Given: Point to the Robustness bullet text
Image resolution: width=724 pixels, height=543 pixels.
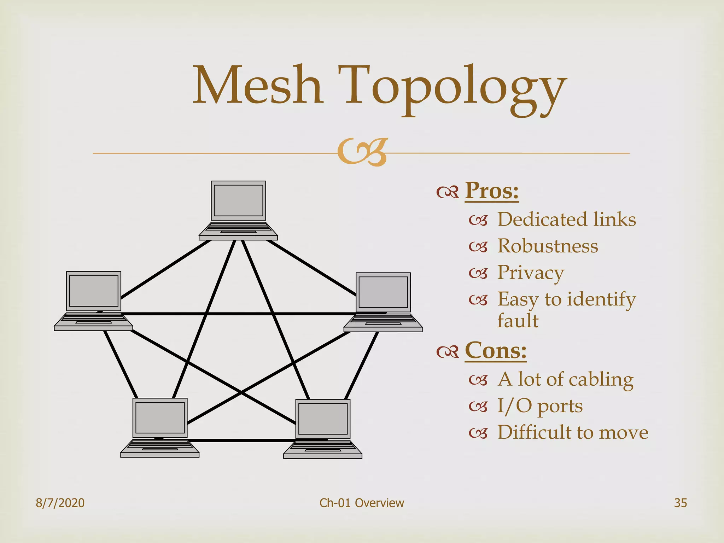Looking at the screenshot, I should pos(548,246).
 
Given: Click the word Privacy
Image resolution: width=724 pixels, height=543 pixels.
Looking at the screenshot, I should pos(531,273).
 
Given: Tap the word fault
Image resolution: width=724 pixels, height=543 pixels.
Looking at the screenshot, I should pos(518,321).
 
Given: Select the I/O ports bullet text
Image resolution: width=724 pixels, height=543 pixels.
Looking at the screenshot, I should pos(540,406).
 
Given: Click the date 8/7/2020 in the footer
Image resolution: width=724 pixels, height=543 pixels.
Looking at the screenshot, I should pos(60,503).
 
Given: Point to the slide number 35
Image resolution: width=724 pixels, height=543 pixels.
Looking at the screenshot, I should pos(681,503).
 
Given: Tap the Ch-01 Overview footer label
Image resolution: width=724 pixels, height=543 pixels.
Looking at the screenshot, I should pos(362,503).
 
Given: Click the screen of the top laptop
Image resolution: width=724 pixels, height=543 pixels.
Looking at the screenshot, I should pos(239,200).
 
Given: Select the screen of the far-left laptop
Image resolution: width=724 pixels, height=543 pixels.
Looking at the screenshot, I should pos(94,291).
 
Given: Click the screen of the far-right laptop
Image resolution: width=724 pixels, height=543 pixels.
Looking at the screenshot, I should pos(383,292).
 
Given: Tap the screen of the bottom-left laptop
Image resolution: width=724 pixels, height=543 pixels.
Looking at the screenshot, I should pos(160,418).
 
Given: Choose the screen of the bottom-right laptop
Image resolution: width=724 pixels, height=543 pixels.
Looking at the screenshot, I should pos(323,419).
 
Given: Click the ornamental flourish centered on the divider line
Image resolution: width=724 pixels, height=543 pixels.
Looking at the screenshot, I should pos(362,153).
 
